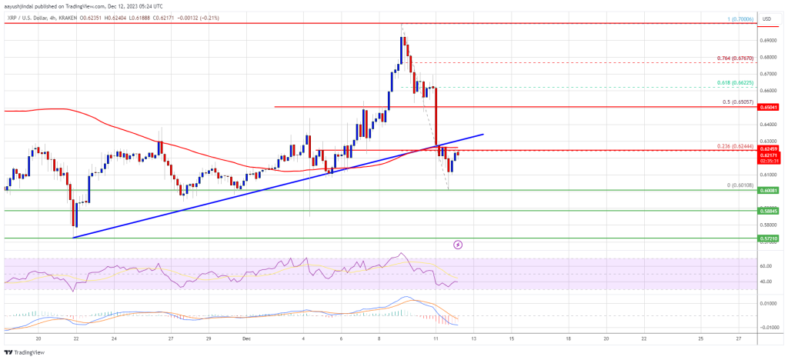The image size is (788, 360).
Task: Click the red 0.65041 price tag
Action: [768, 107]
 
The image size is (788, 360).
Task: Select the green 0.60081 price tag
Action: [768, 190]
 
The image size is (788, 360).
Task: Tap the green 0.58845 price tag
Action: [768, 210]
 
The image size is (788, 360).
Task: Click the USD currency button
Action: [766, 18]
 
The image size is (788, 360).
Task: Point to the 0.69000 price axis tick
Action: [768, 40]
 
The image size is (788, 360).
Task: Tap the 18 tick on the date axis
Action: [568, 337]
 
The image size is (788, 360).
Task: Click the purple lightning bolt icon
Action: [458, 245]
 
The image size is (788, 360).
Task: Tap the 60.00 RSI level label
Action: [765, 267]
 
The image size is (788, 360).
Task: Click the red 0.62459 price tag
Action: [768, 148]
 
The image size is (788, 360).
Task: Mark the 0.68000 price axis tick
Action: [768, 57]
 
